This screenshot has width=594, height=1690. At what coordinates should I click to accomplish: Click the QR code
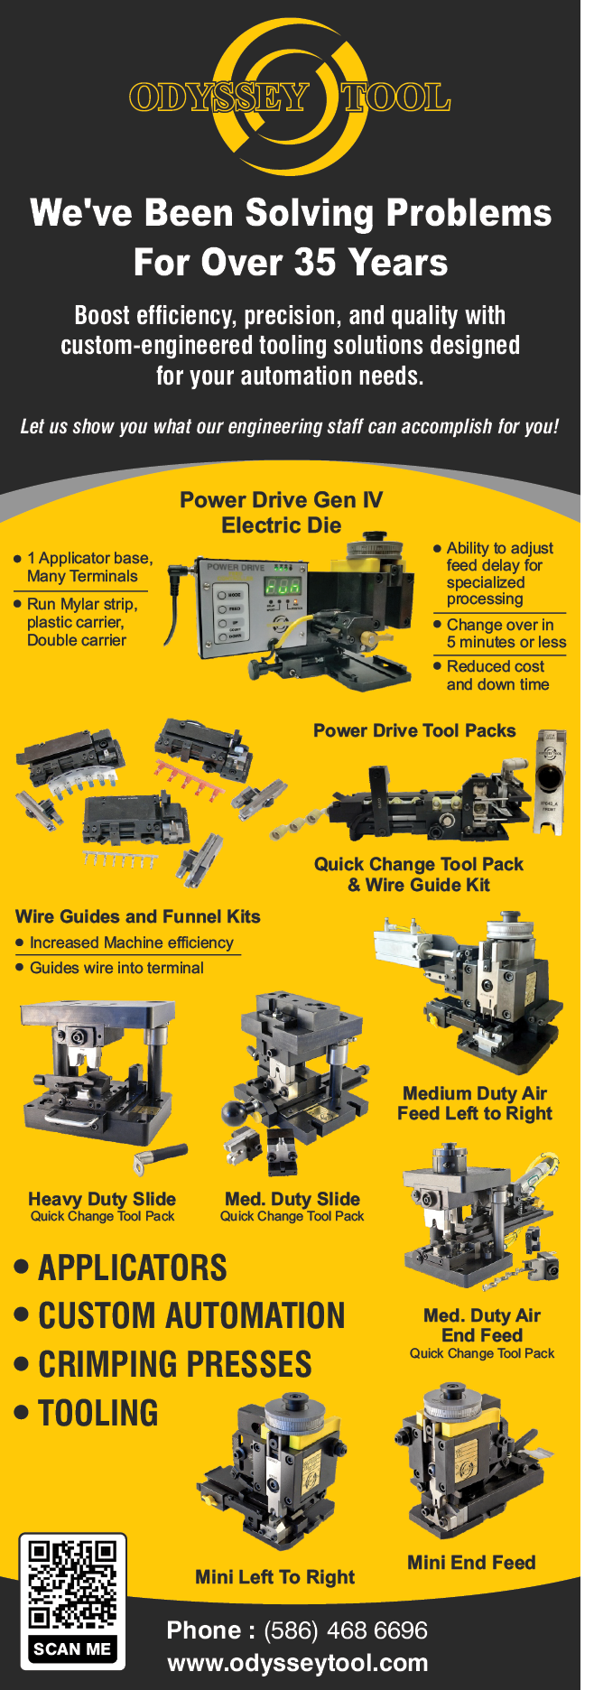72,1584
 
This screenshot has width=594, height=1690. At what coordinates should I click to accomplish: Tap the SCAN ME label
72,1649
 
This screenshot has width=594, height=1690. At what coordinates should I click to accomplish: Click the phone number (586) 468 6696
346,1630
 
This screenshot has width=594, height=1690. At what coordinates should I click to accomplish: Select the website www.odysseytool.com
298,1663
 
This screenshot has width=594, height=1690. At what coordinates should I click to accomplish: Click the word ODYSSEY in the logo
219,97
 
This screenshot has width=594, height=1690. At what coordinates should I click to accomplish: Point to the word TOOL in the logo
395,97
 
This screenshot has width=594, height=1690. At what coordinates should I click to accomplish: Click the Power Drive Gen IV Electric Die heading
282,513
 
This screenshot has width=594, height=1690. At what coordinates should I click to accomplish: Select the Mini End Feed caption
471,1563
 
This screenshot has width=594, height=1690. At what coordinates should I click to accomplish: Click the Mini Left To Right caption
275,1577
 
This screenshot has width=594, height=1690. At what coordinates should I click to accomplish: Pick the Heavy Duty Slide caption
102,1199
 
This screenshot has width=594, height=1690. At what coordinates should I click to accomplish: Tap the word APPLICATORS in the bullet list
133,1268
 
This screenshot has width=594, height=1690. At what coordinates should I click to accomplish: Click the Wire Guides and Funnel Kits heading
138,916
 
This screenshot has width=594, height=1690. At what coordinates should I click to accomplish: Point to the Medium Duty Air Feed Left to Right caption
475,1103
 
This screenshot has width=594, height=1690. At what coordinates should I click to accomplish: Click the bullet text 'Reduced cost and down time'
497,675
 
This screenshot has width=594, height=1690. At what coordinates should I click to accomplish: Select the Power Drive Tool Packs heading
414,730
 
